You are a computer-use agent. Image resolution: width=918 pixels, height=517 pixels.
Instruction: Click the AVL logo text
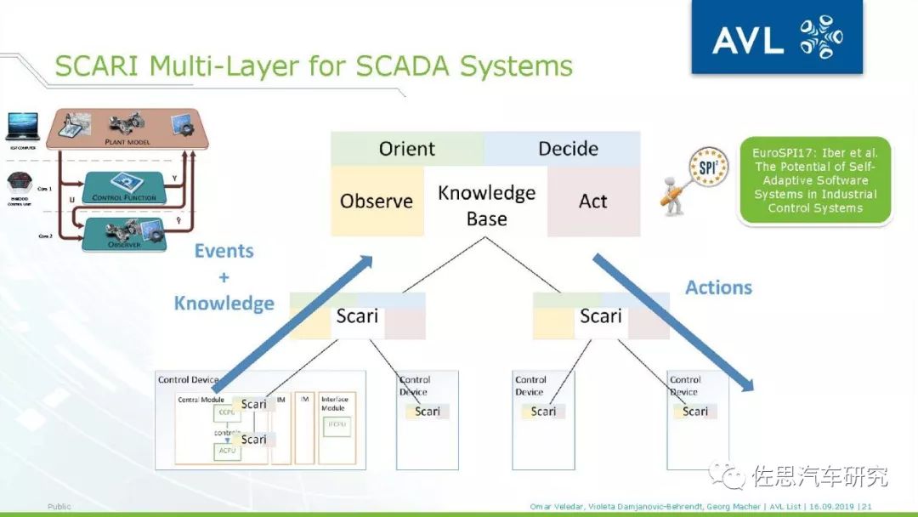click(x=748, y=38)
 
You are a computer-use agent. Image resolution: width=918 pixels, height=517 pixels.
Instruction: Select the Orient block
click(x=407, y=149)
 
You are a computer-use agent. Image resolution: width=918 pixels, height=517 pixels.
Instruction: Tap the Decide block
click(x=568, y=149)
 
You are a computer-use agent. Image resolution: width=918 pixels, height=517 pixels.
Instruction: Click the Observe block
click(x=377, y=201)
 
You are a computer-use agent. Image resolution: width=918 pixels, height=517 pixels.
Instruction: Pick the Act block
click(x=593, y=201)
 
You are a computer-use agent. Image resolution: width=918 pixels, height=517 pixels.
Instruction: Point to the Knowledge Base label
click(x=486, y=205)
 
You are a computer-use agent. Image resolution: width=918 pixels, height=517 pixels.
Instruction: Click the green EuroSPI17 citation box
click(x=814, y=180)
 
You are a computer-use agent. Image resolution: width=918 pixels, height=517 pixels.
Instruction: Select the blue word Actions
click(x=718, y=287)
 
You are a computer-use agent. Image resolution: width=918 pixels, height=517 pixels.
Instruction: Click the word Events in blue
click(x=224, y=251)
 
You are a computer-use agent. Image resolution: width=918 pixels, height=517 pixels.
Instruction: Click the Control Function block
click(x=124, y=190)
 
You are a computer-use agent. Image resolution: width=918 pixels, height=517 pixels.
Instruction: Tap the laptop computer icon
click(x=23, y=127)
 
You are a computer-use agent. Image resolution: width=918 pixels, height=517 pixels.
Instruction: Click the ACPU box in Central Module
click(x=227, y=452)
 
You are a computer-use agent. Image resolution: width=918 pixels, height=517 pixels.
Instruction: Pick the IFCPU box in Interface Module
click(x=337, y=424)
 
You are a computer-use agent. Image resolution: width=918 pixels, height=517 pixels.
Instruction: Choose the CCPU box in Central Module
click(x=227, y=412)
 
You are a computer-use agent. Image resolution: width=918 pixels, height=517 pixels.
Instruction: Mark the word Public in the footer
click(x=59, y=507)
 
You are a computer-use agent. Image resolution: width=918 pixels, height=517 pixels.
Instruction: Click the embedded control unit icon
click(x=23, y=184)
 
